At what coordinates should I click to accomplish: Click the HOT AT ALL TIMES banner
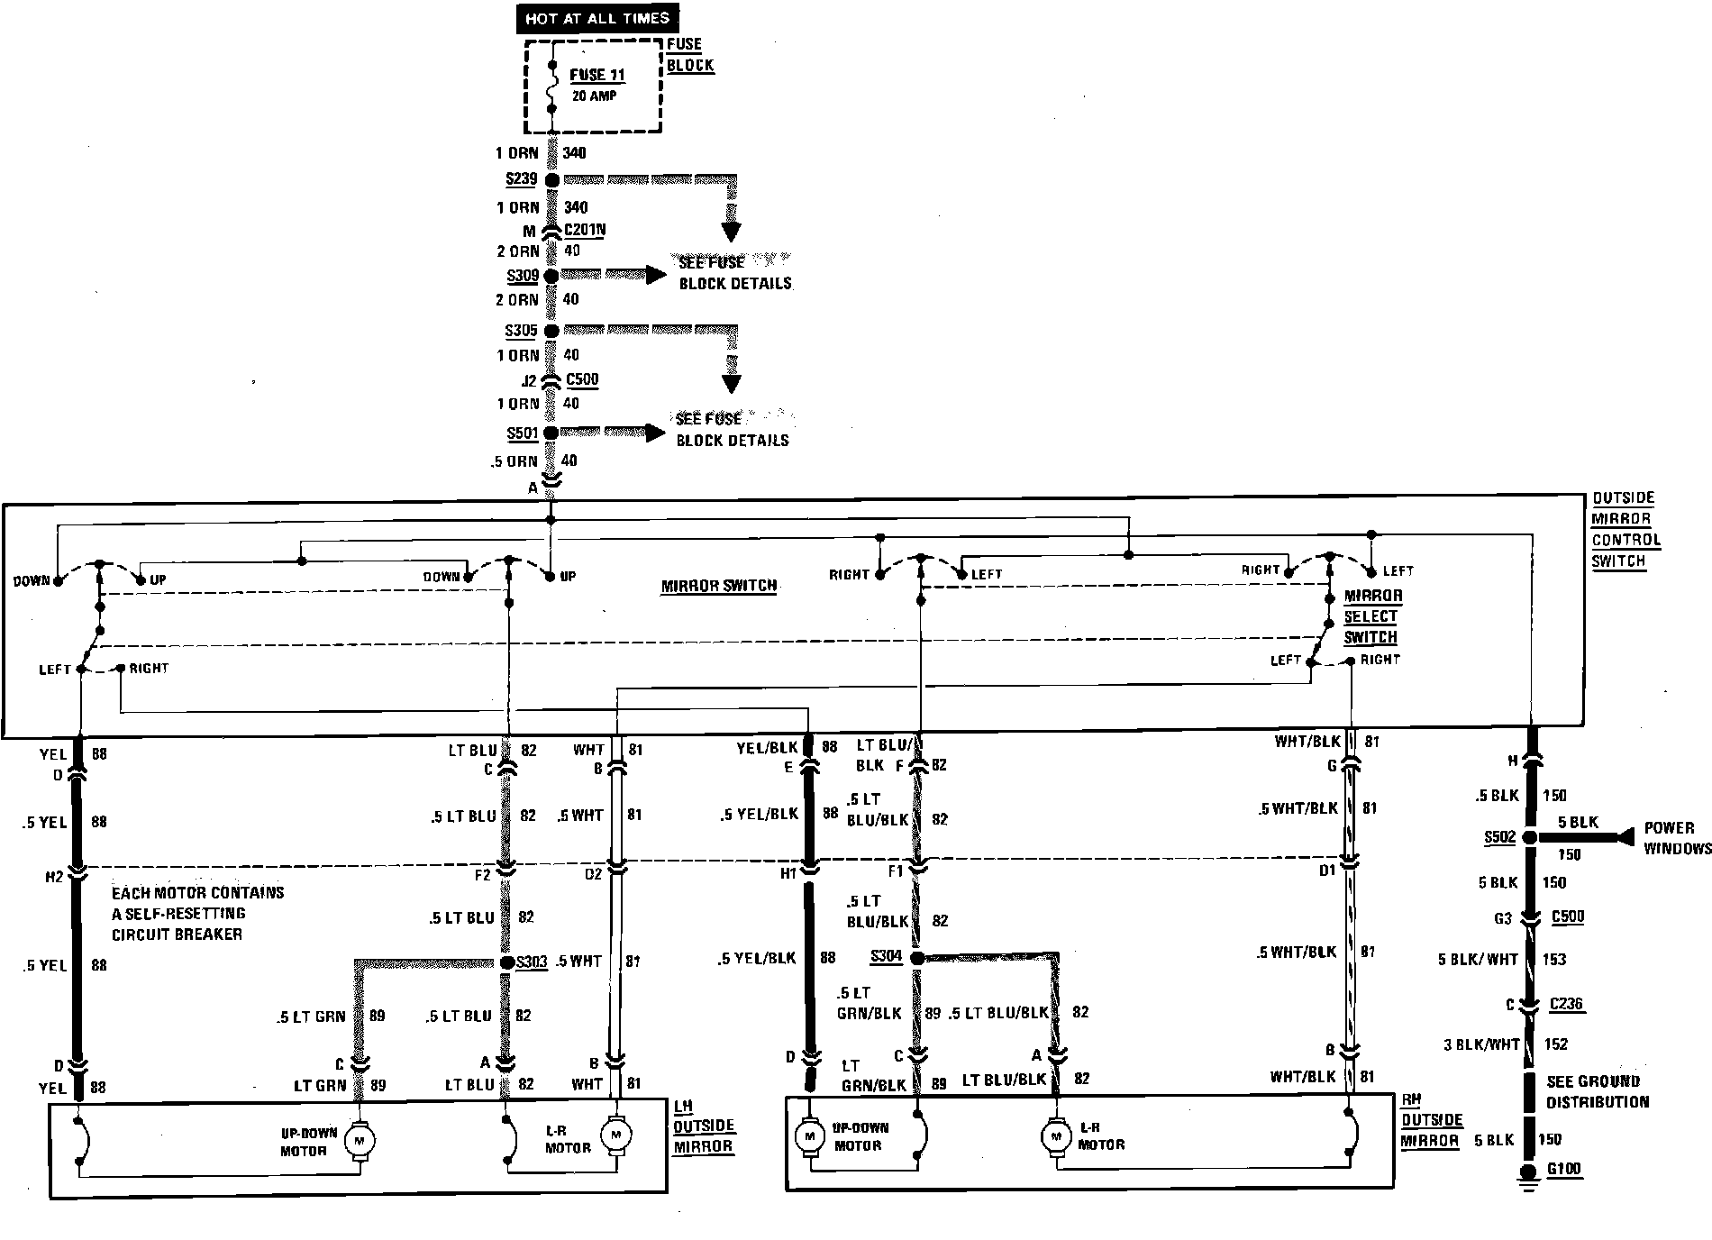[597, 18]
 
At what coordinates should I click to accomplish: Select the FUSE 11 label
[597, 76]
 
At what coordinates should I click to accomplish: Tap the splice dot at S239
[552, 180]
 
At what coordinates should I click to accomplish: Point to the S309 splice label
[523, 276]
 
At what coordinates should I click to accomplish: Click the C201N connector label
[585, 230]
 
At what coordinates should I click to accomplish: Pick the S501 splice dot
[551, 433]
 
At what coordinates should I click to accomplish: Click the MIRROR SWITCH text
[719, 586]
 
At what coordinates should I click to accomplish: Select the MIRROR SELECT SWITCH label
[1371, 616]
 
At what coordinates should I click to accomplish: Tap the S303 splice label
[532, 962]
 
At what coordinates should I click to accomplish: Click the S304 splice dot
[917, 958]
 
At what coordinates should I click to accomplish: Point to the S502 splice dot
[1529, 838]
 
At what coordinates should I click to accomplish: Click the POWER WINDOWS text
[1676, 838]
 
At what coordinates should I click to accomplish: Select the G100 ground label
[1563, 1170]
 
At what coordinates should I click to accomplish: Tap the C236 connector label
[1567, 1004]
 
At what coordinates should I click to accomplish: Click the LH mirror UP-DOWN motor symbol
[360, 1141]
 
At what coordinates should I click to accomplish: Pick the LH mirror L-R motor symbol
[617, 1134]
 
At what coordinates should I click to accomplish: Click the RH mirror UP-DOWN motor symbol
[809, 1136]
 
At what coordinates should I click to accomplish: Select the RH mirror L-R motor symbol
[1054, 1136]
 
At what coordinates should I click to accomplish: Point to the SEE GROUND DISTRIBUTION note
[1598, 1091]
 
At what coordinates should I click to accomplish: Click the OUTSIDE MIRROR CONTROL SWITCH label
[1625, 529]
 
